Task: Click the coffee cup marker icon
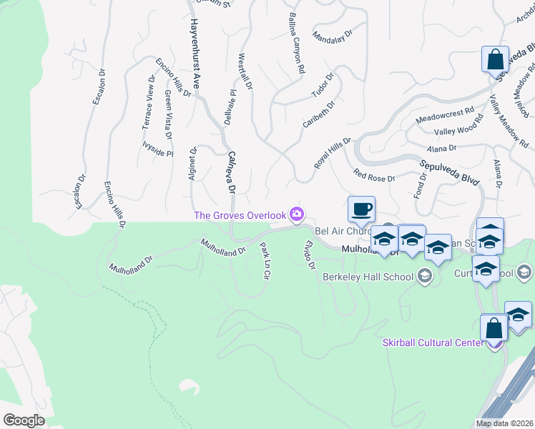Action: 361,209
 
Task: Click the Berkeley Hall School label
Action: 368,277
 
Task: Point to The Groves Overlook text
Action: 240,215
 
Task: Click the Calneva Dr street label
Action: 230,172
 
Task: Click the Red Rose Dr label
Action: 374,175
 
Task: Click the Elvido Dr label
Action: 309,255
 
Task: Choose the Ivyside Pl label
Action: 157,153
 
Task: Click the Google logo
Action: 24,420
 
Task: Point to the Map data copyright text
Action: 505,423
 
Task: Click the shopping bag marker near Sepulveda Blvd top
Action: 495,60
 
